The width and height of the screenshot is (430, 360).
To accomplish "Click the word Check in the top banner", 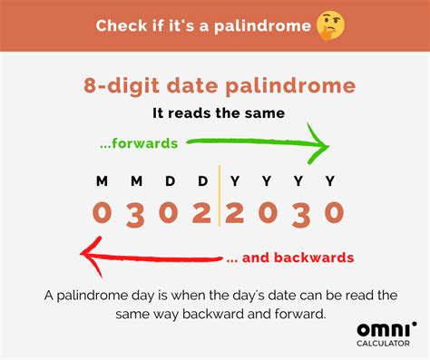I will [120, 25].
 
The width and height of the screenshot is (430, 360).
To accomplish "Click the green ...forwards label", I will [142, 142].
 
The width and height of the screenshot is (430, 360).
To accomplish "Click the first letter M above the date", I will [102, 181].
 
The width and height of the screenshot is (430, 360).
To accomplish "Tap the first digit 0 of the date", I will [102, 214].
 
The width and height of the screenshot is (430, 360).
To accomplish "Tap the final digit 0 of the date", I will [334, 214].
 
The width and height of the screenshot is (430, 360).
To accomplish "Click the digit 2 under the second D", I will [201, 214].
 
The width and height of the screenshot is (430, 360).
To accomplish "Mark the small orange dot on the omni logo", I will [415, 322].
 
